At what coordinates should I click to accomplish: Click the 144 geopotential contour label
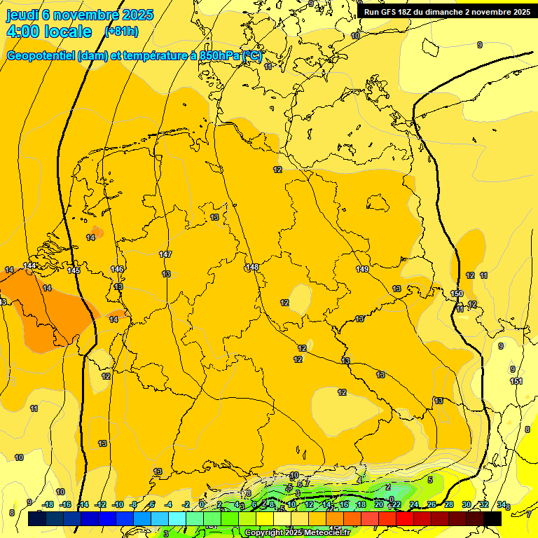pos(30,265)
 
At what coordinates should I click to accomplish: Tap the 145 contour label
pos(74,270)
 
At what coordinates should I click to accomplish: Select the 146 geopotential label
pos(117,269)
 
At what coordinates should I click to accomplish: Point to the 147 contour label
pos(165,254)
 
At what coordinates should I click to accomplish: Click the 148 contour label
pos(252,267)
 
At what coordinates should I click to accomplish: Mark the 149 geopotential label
pos(362,269)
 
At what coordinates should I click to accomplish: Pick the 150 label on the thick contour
pos(457,294)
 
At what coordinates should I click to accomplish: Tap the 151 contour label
pos(516,381)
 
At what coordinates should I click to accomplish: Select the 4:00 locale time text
pos(49,32)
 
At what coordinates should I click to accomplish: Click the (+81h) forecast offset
pos(121,32)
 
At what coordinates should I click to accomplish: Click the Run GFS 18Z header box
pos(446,12)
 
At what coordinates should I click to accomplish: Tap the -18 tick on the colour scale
pos(48,504)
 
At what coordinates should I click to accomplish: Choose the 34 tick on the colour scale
pos(502,504)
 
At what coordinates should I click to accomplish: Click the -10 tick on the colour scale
pos(118,504)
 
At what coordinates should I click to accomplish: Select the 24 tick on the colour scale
pos(414,504)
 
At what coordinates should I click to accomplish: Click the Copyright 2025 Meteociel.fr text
pos(297,533)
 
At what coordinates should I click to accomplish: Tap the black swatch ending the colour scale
pos(492,519)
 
